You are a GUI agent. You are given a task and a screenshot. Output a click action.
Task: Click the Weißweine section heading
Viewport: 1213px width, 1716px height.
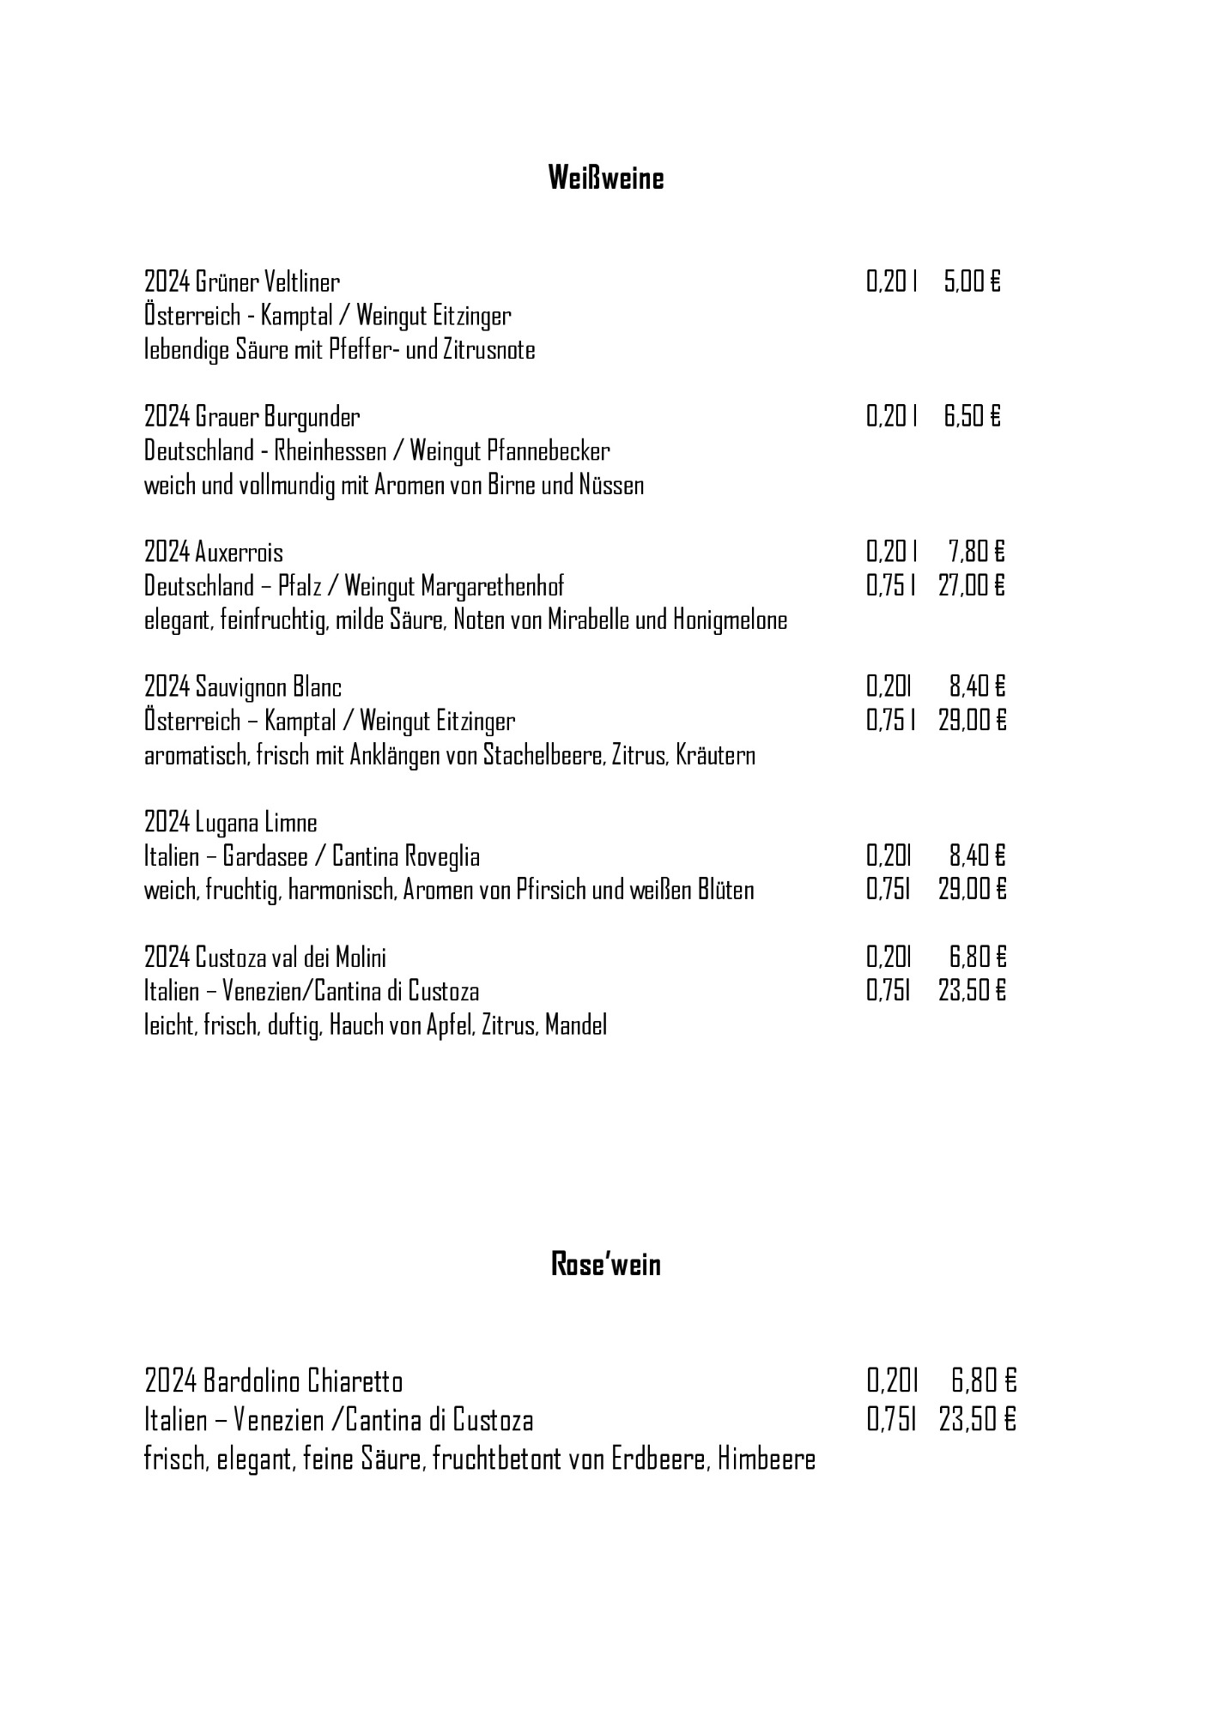606,178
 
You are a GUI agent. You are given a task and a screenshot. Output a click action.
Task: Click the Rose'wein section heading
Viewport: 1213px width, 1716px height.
606,1264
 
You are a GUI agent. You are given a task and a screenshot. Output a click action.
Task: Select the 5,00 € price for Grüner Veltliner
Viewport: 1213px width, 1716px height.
972,281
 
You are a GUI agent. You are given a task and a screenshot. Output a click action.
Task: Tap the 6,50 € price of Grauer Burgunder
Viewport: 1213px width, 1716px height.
972,417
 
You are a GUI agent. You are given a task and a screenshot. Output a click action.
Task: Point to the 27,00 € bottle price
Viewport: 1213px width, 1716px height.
971,586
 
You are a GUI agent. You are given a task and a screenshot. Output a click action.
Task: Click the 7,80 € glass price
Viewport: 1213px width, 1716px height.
976,552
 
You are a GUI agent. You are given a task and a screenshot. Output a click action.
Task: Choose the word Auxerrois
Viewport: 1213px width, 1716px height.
239,552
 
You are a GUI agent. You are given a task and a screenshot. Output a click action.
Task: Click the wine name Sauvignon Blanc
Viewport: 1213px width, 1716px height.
268,687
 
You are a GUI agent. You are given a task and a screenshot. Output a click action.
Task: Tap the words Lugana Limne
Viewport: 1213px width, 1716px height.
256,823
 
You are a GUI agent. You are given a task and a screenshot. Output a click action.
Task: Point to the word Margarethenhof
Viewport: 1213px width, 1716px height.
493,586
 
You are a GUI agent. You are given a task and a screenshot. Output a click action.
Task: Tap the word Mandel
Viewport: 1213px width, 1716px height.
576,1024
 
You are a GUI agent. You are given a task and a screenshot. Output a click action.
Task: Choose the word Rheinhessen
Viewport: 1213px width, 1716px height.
324,450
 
